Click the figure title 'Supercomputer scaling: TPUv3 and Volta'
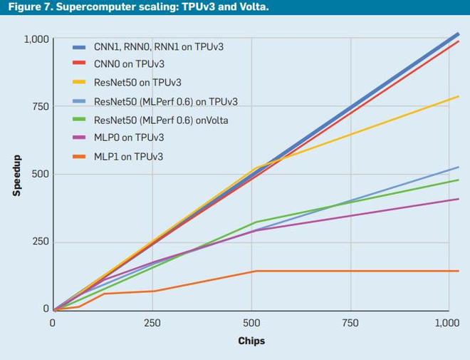click(135, 8)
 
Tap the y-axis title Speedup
click(16, 175)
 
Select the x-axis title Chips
click(251, 341)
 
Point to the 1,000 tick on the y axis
click(36, 39)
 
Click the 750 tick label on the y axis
click(41, 107)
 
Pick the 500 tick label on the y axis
click(41, 175)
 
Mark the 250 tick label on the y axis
click(41, 242)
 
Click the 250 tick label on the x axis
click(152, 323)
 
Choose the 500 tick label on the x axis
click(251, 323)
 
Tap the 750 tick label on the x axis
click(350, 323)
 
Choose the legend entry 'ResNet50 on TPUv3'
click(137, 83)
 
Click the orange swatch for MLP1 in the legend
click(80, 156)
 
